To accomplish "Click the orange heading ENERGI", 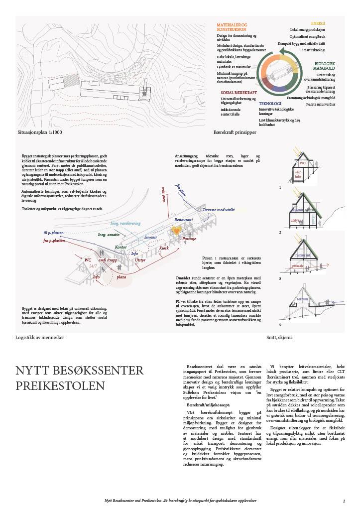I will click(318, 23).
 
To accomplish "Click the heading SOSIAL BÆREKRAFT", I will click(239, 93).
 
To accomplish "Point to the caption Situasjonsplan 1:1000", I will click(39, 132).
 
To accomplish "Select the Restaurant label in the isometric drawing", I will click(183, 219).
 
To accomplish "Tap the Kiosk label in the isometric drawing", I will click(164, 248).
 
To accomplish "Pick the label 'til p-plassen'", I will click(54, 233).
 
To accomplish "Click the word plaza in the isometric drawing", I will click(121, 277).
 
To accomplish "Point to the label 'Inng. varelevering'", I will click(125, 223).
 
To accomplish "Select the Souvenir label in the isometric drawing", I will click(150, 237).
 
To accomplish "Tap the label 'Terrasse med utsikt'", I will click(219, 210).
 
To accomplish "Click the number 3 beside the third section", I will click(280, 278).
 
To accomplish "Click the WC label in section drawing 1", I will click(302, 163).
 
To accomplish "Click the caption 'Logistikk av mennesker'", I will click(40, 338).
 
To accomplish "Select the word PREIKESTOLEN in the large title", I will click(60, 386).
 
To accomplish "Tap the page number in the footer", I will click(344, 501).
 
